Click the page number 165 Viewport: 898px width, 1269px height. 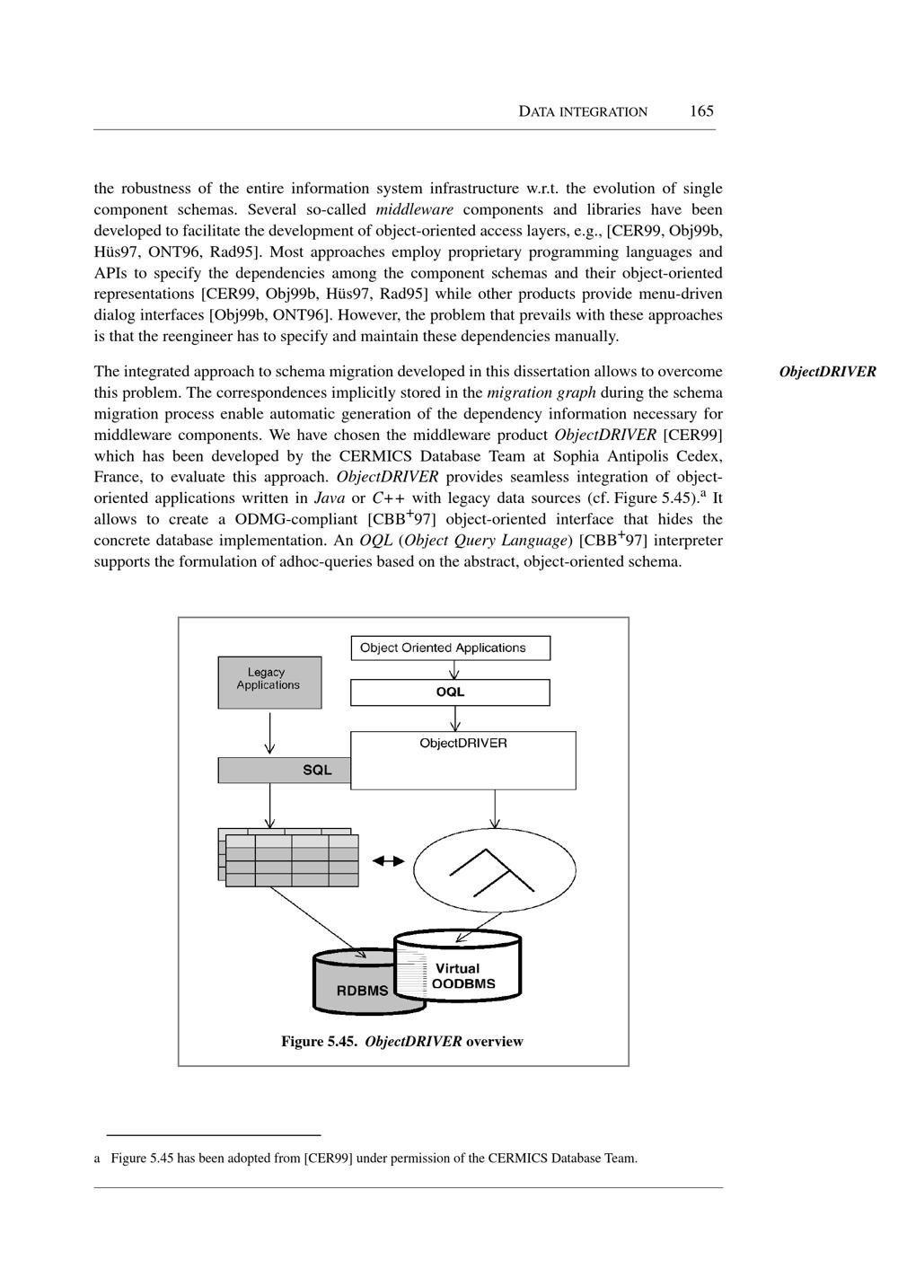click(701, 111)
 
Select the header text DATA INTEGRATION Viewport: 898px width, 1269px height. click(583, 112)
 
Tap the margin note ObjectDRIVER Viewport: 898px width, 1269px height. click(827, 372)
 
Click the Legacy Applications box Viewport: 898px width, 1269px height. click(269, 682)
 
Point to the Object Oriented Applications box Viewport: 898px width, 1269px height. click(449, 648)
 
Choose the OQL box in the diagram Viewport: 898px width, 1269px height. click(450, 692)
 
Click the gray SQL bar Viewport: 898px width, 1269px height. click(285, 770)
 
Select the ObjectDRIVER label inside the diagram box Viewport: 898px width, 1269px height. click(462, 744)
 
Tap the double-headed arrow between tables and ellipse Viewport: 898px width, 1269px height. click(389, 860)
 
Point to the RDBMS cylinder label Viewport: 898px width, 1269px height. click(362, 991)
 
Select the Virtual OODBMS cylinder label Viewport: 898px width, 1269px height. click(463, 976)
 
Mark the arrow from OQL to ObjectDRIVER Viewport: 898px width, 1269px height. click(456, 718)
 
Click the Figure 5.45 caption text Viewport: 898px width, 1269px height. click(402, 1042)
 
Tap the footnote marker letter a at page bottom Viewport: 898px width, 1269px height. click(97, 1159)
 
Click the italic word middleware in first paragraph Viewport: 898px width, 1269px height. click(414, 210)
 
